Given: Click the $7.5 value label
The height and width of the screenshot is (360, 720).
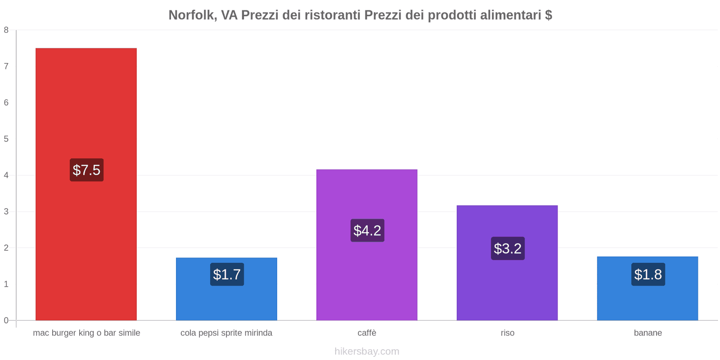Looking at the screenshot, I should [86, 170].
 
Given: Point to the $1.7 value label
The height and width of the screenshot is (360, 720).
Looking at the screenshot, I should [227, 274].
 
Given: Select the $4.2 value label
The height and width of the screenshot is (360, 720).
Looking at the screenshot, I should [367, 230].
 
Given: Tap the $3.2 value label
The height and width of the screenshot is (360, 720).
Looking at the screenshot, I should [508, 248].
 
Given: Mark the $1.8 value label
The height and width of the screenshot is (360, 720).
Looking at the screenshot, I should [648, 274].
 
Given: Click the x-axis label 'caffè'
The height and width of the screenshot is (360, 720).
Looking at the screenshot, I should [367, 333].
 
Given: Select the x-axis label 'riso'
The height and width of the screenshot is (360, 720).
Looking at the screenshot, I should [507, 333].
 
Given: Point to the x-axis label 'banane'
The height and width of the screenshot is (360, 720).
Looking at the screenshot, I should [648, 333].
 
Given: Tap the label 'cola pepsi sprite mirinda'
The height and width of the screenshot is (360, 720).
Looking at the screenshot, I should [226, 333].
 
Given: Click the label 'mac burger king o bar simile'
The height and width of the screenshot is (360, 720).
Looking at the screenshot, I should [86, 333].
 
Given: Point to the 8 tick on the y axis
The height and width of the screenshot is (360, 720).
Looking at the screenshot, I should [6, 30].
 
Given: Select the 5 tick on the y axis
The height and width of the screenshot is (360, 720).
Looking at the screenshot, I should [6, 139].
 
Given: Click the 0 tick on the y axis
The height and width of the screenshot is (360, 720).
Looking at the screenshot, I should [6, 320].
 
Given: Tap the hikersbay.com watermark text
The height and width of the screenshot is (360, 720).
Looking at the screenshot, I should [367, 351].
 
